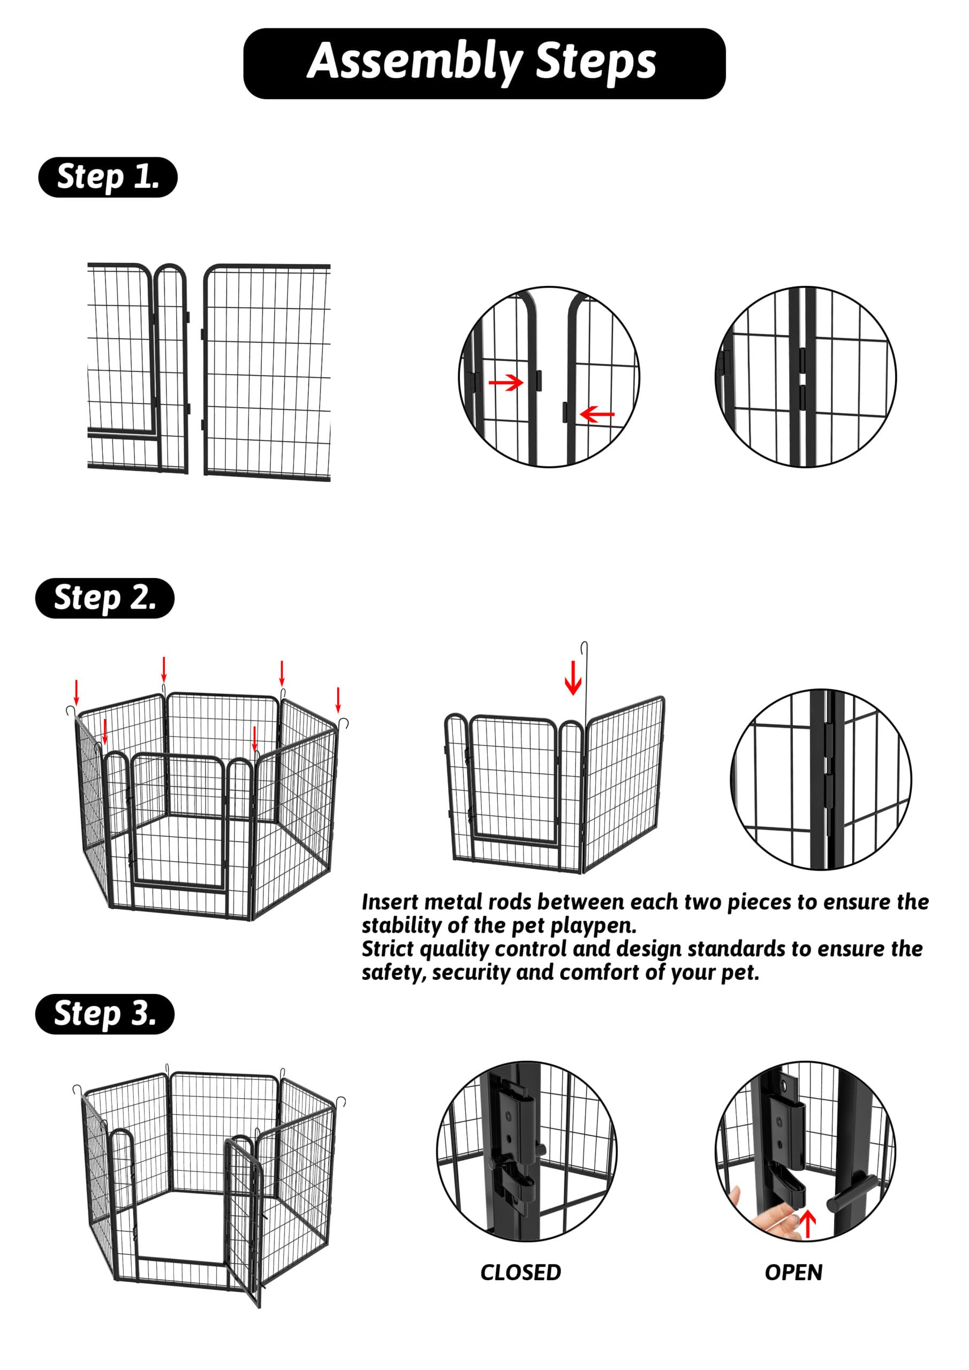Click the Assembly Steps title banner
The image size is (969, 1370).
(x=483, y=63)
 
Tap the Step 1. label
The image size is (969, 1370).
(x=108, y=177)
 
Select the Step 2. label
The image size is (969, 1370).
(x=104, y=598)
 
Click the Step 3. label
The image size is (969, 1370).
(x=104, y=1014)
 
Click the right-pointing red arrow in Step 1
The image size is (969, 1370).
(x=506, y=382)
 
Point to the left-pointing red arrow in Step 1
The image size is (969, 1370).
(x=596, y=414)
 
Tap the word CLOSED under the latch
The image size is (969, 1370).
(x=520, y=1272)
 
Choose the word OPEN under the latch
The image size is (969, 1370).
(x=793, y=1272)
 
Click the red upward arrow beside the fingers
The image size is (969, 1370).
(x=807, y=1223)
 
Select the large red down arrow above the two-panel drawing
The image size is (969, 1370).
(x=572, y=678)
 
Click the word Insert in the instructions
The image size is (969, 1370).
(x=389, y=902)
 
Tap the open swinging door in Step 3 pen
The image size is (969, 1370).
(x=244, y=1217)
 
